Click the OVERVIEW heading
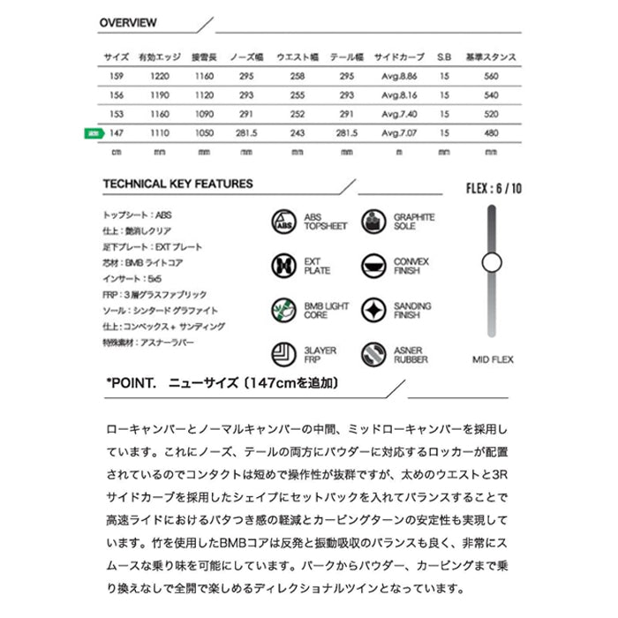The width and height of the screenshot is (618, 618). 128,22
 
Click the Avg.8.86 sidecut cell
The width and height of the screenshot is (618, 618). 399,76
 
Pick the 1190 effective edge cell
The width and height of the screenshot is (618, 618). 160,95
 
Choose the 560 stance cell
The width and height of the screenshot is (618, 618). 493,76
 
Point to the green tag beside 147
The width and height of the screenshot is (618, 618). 92,133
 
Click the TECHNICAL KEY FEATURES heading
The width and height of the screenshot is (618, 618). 177,185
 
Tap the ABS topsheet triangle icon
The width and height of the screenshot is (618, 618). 283,220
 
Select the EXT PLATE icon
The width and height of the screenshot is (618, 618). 283,264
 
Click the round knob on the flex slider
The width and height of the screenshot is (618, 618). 492,261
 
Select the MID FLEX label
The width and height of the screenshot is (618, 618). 493,359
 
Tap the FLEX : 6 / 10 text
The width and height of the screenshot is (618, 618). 493,188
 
